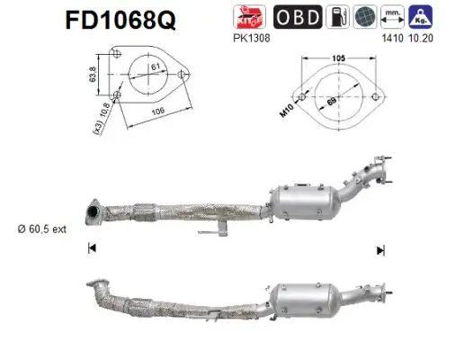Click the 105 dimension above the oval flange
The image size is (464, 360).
(x=339, y=59)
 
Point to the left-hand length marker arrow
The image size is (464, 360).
(x=91, y=248)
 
